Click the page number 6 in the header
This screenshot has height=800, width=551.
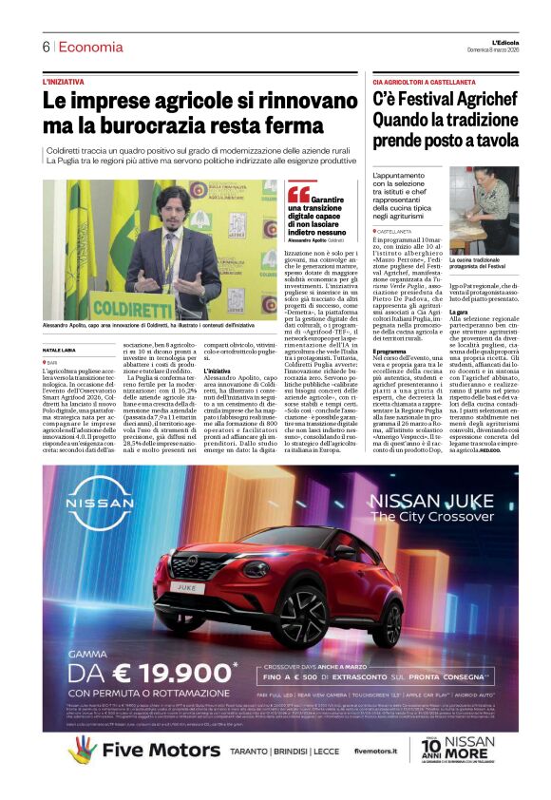tap(45, 47)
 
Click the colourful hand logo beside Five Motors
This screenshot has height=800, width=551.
tap(82, 750)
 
